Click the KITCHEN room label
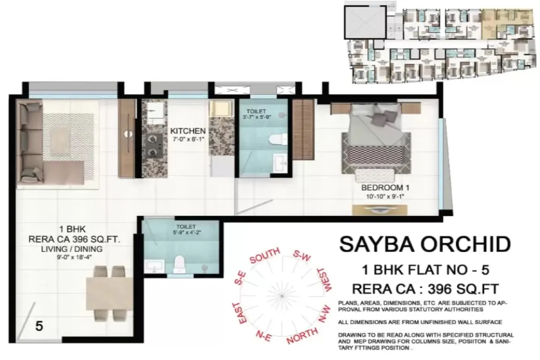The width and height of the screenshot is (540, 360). [x=188, y=130]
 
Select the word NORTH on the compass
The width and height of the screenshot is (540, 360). [x=301, y=338]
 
